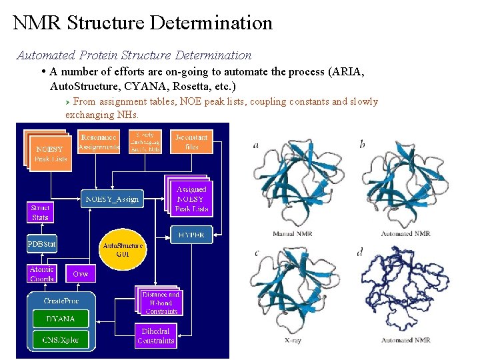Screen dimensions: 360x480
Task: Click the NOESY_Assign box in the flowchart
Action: pos(112,198)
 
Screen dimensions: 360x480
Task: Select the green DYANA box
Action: pos(61,319)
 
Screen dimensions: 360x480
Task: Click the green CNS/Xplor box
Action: pos(61,339)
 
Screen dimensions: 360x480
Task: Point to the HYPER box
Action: pos(192,235)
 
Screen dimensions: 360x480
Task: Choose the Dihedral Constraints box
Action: pos(156,336)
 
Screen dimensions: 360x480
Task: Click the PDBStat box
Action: pos(41,245)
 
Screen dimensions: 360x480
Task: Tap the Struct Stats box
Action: pos(40,213)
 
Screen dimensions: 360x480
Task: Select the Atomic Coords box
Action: pos(42,274)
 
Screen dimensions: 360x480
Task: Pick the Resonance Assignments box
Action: pos(99,141)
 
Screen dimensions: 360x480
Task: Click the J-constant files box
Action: pos(191,142)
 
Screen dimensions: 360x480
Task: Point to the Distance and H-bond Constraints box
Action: pos(161,303)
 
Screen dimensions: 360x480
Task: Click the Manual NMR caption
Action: pos(293,234)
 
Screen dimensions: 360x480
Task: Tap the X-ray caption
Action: pos(293,340)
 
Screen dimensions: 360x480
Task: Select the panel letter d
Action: pos(361,252)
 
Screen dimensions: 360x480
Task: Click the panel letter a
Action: pos(257,145)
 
